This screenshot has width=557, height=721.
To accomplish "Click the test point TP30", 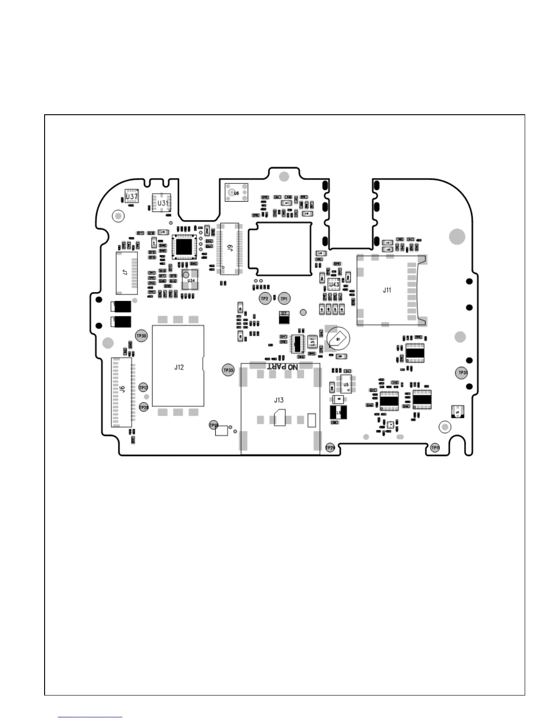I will (142, 336).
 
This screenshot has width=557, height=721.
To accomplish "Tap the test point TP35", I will (228, 370).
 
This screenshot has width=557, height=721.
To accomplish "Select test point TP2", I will (264, 299).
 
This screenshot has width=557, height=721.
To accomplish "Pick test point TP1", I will (284, 299).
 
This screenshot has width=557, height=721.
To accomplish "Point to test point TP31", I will (462, 372).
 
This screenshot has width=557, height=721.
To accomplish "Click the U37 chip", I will (132, 196).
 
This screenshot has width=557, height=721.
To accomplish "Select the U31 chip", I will (162, 203).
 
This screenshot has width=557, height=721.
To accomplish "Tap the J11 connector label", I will (387, 290).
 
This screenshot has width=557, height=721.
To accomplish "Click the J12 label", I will (179, 367).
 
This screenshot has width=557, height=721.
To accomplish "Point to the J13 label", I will (279, 400).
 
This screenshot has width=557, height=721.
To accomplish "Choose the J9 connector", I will (230, 249).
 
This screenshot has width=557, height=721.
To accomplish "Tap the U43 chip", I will (334, 284).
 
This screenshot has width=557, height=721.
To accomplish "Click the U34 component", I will (191, 280).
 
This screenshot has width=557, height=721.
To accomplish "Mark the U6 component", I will (236, 193).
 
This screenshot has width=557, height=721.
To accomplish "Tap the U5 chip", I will (346, 385).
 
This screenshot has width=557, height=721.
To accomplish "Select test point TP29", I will (330, 448).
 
